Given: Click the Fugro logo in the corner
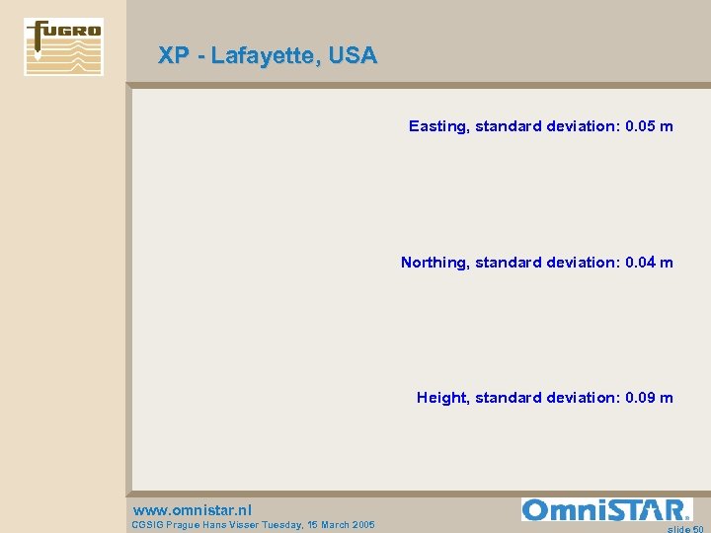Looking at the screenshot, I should (x=63, y=46).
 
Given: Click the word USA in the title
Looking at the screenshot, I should (x=354, y=56).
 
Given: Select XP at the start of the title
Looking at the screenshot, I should (x=174, y=56).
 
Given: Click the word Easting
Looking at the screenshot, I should (x=437, y=126).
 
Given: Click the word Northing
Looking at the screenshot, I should (x=434, y=263).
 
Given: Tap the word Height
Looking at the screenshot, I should (x=441, y=398).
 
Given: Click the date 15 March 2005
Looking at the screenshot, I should (x=341, y=525).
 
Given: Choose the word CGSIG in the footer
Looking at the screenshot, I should (x=147, y=525).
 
